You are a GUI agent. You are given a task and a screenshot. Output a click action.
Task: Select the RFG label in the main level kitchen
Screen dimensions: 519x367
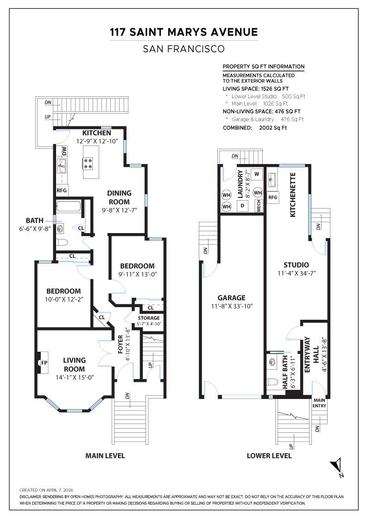[62, 190]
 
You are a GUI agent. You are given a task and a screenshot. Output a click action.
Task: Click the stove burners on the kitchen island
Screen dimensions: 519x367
[87, 163]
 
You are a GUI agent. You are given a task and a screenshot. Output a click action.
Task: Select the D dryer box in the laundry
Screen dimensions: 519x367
[242, 206]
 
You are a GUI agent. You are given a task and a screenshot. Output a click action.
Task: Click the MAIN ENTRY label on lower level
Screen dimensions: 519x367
[319, 403]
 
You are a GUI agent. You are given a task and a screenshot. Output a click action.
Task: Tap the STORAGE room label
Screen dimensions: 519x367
[149, 318]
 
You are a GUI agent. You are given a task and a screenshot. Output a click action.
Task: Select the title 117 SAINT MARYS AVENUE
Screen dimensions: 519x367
[183, 32]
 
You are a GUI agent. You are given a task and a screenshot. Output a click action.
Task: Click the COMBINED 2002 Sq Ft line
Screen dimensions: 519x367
[254, 127]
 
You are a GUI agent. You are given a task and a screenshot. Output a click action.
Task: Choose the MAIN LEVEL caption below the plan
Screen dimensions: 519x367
[105, 456]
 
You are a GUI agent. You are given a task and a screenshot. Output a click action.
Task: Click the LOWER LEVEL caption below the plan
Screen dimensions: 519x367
[269, 456]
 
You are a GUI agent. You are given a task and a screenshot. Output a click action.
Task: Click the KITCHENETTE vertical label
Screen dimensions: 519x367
[293, 195]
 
